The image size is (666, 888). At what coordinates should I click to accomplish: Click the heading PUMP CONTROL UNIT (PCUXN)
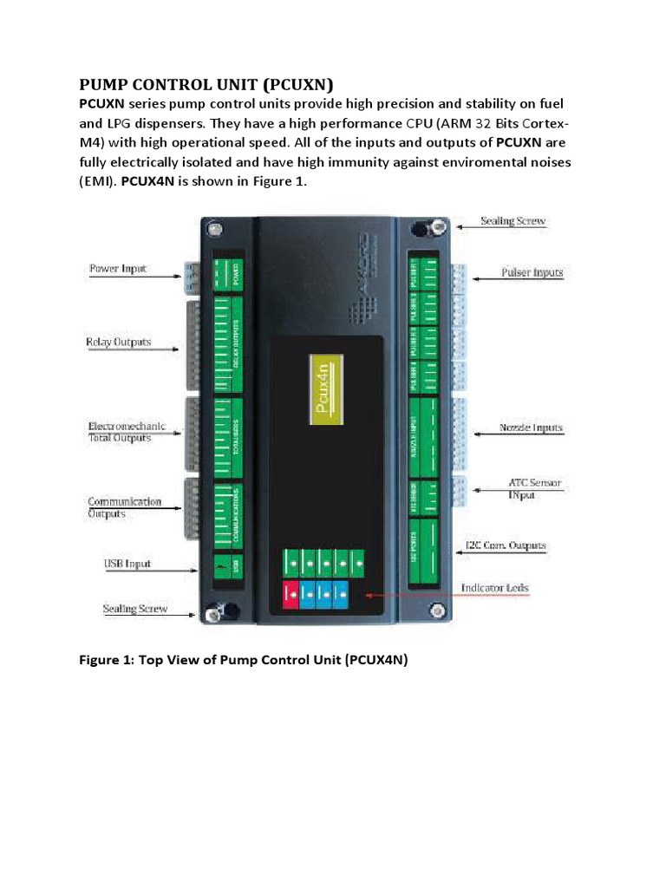coord(206,84)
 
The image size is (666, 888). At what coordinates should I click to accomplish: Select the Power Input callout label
coord(118,269)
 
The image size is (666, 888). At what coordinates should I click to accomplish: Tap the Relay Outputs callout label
coord(118,342)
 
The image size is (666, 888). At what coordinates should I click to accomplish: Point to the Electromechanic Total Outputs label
coord(126,433)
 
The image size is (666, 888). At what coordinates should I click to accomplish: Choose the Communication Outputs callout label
coord(124,507)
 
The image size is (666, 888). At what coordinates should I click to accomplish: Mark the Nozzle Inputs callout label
coord(531,428)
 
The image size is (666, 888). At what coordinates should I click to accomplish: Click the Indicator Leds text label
coord(494,588)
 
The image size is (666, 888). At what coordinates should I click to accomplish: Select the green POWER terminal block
coord(227,275)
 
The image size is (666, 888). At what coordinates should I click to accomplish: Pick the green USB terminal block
coord(227,564)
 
